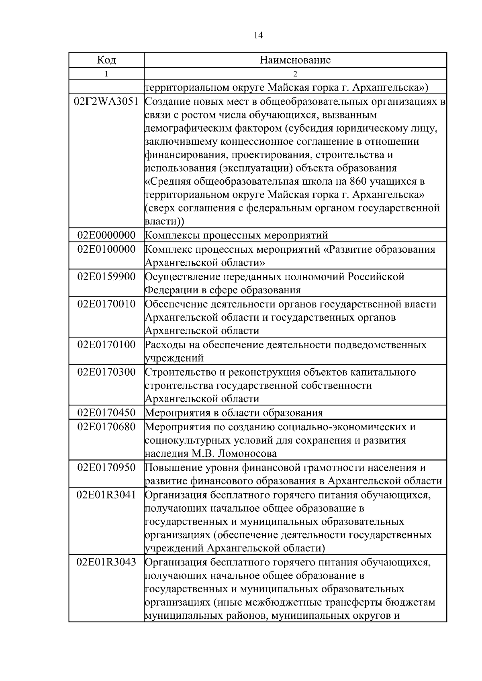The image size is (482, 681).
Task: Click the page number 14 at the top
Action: pyautogui.click(x=258, y=36)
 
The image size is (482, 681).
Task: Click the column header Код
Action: pyautogui.click(x=106, y=60)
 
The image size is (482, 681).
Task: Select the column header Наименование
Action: pyautogui.click(x=295, y=60)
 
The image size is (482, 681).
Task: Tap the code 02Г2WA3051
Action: pyautogui.click(x=106, y=102)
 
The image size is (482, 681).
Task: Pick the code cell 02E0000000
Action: pyautogui.click(x=106, y=235)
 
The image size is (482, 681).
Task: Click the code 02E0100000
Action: pyautogui.click(x=106, y=249)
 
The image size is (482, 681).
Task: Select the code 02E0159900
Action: pyautogui.click(x=106, y=276)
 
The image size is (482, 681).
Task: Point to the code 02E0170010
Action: pyautogui.click(x=106, y=304)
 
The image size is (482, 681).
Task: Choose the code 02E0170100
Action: pyautogui.click(x=106, y=344)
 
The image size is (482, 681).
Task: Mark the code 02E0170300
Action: pyautogui.click(x=106, y=372)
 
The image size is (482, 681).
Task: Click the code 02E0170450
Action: pyautogui.click(x=106, y=413)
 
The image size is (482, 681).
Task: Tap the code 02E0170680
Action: pyautogui.click(x=106, y=427)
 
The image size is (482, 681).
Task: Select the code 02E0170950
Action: pyautogui.click(x=106, y=468)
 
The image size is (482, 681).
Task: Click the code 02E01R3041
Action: pyautogui.click(x=106, y=495)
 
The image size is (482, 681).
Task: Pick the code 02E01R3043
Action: pyautogui.click(x=106, y=562)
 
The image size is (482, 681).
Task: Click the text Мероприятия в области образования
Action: pyautogui.click(x=233, y=413)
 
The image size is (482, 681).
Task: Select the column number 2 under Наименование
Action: pyautogui.click(x=295, y=74)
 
